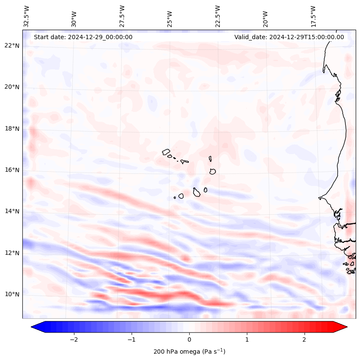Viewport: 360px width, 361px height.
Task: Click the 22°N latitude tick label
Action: click(x=12, y=46)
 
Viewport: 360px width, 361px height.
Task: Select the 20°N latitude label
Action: click(x=12, y=87)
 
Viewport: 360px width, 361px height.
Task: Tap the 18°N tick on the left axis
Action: click(x=12, y=129)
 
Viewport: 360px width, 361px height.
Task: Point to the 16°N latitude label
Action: click(x=12, y=170)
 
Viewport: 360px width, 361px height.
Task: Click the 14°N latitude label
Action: click(x=12, y=211)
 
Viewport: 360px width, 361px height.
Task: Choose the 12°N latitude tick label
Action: click(x=12, y=253)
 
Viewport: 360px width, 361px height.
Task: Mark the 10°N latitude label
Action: click(x=12, y=294)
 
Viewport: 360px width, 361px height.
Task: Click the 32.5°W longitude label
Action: click(x=27, y=16)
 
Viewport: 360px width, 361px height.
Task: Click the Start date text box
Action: click(x=83, y=37)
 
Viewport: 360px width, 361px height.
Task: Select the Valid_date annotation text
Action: click(x=289, y=37)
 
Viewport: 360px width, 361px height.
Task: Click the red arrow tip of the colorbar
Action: click(x=344, y=327)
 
